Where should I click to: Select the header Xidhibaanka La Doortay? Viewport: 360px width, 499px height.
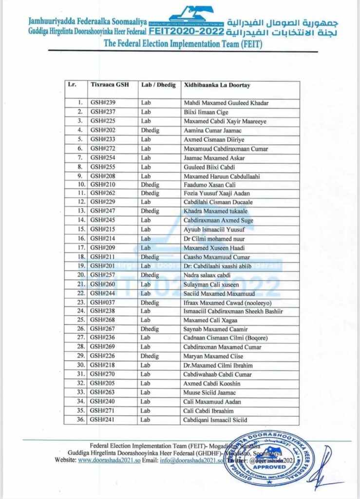click(217, 84)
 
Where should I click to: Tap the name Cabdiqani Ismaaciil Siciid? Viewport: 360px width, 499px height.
click(216, 420)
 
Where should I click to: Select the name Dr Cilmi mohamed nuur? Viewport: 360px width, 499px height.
click(214, 239)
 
